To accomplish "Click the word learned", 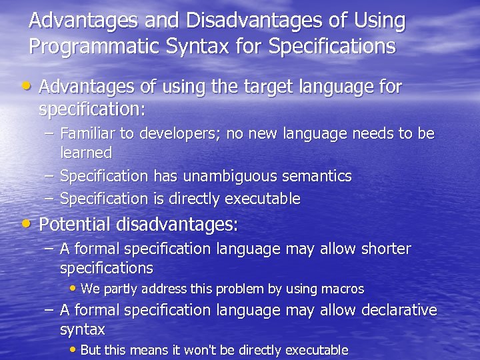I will pyautogui.click(x=86, y=153).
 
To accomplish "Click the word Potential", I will pyautogui.click(x=75, y=225).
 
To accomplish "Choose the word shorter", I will pyautogui.click(x=386, y=249).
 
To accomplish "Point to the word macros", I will pyautogui.click(x=341, y=289).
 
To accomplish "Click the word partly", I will pyautogui.click(x=120, y=289).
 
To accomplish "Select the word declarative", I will pyautogui.click(x=399, y=310).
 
